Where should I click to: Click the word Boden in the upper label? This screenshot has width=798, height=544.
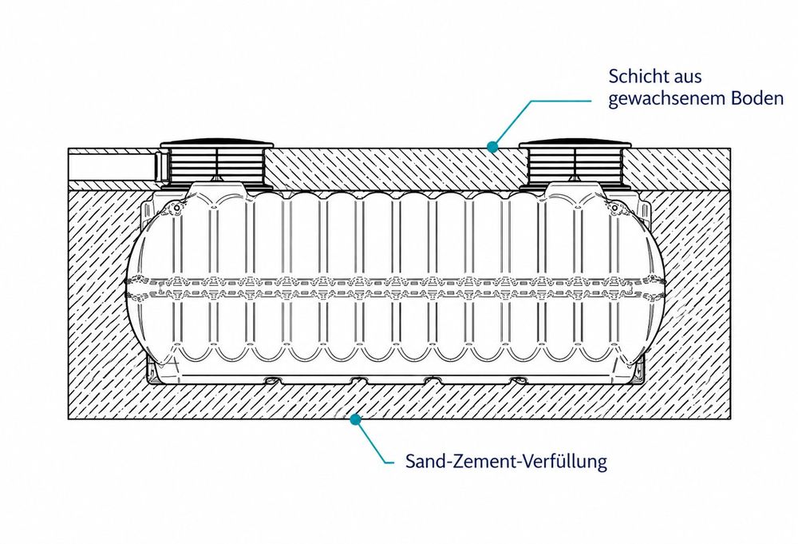pyautogui.click(x=757, y=97)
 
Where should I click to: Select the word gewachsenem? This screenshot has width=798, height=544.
pyautogui.click(x=667, y=99)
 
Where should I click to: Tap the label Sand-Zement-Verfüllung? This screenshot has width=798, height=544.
pyautogui.click(x=507, y=462)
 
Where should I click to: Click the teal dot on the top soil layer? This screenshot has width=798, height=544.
pyautogui.click(x=492, y=147)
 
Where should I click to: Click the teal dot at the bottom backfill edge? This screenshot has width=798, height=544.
pyautogui.click(x=356, y=419)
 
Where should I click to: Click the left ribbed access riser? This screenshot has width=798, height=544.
pyautogui.click(x=217, y=165)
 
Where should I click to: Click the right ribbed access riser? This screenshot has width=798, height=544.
pyautogui.click(x=575, y=165)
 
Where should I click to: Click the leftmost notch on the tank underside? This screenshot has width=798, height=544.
pyautogui.click(x=273, y=380)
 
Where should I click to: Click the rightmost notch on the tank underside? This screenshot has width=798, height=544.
pyautogui.click(x=516, y=380)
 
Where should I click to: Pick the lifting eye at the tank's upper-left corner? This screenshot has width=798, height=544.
pyautogui.click(x=176, y=208)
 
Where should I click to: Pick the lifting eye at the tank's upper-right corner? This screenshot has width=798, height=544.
pyautogui.click(x=614, y=208)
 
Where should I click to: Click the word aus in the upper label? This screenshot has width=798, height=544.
pyautogui.click(x=688, y=77)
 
